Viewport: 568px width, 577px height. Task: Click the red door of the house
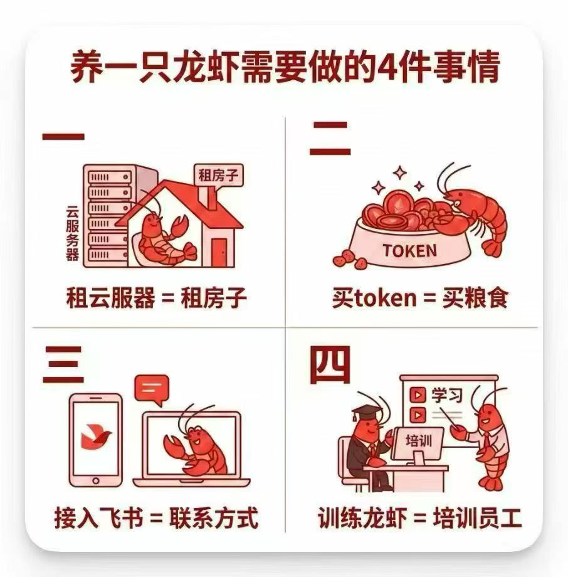pyautogui.click(x=219, y=252)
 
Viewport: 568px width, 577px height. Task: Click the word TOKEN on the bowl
pyautogui.click(x=409, y=251)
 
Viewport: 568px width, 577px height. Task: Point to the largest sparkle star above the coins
pyautogui.click(x=400, y=173)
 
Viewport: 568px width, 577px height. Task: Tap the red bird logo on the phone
pyautogui.click(x=96, y=437)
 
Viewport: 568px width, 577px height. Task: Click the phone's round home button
pyautogui.click(x=96, y=480)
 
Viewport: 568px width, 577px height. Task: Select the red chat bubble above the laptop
pyautogui.click(x=152, y=389)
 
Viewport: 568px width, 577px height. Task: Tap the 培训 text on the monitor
pyautogui.click(x=419, y=440)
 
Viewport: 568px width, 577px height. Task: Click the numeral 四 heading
pyautogui.click(x=330, y=365)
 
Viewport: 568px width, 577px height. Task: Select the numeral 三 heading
pyautogui.click(x=63, y=364)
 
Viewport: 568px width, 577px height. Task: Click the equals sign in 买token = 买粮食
pyautogui.click(x=429, y=298)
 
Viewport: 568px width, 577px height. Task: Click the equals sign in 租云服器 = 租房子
pyautogui.click(x=168, y=298)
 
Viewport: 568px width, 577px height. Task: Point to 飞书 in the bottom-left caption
pyautogui.click(x=120, y=518)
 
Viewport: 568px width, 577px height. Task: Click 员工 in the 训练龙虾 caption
pyautogui.click(x=500, y=518)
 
